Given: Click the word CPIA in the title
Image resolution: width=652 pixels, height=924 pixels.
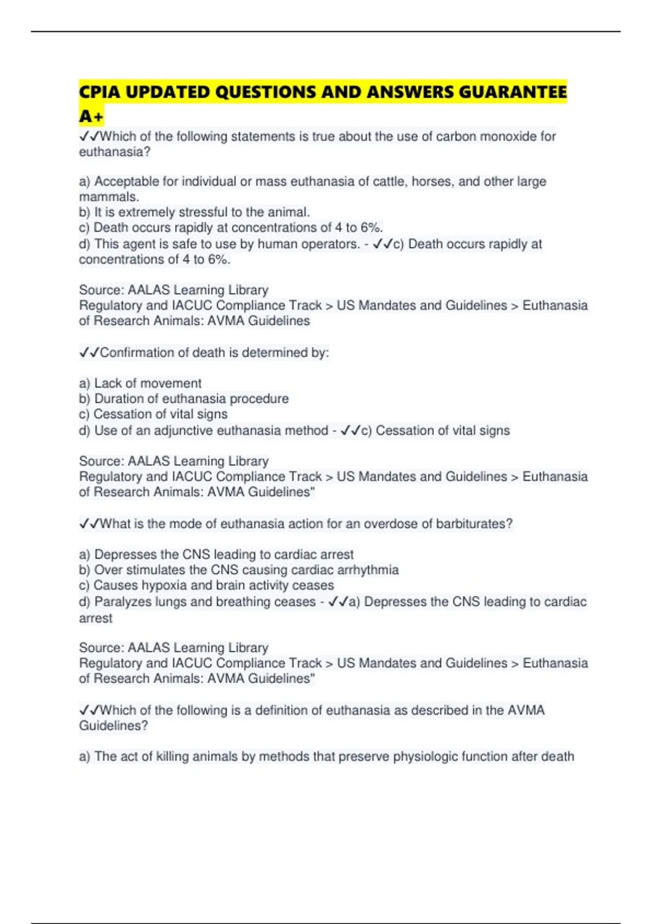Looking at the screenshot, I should pyautogui.click(x=99, y=92).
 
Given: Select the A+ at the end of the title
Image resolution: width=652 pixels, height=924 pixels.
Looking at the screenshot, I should pyautogui.click(x=91, y=116).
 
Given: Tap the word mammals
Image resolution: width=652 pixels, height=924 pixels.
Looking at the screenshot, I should pyautogui.click(x=109, y=196).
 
